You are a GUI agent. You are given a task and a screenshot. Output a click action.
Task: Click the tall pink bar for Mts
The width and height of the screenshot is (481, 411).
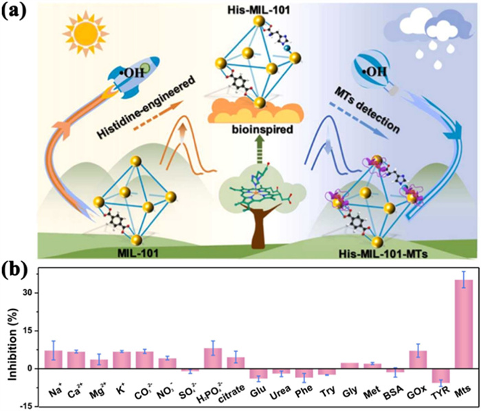click(x=464, y=324)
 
